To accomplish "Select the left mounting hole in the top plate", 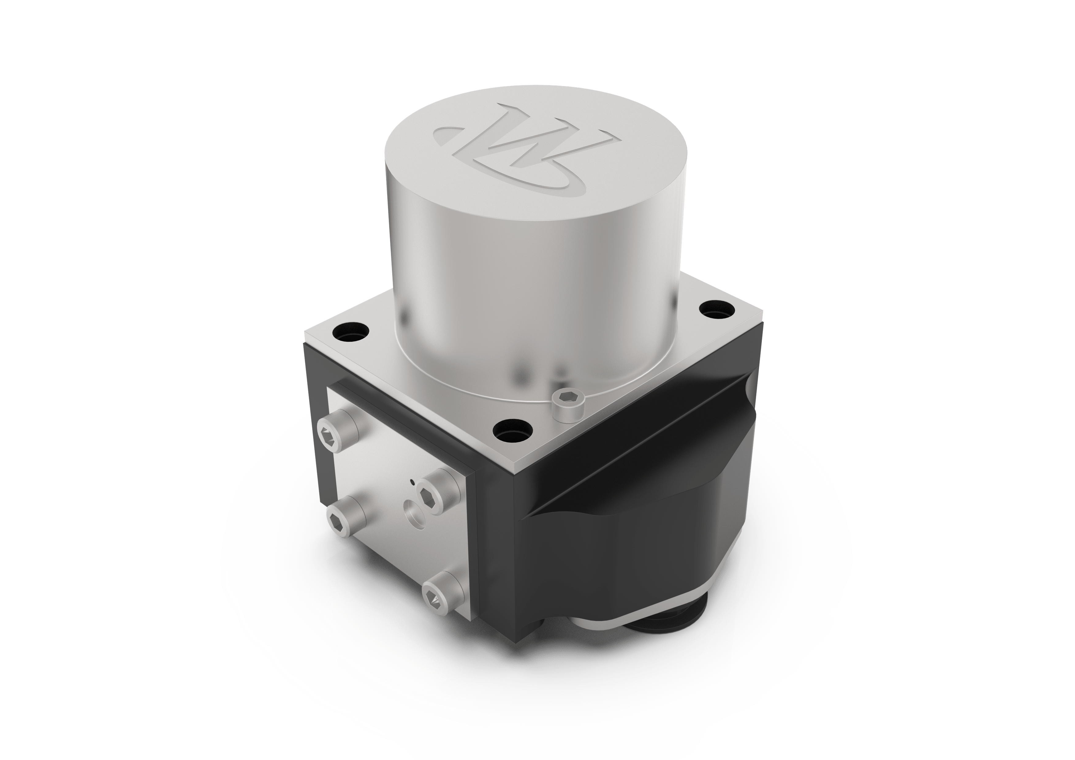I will click(351, 332).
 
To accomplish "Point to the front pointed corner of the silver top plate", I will click(524, 473).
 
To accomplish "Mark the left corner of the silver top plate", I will click(305, 338).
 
